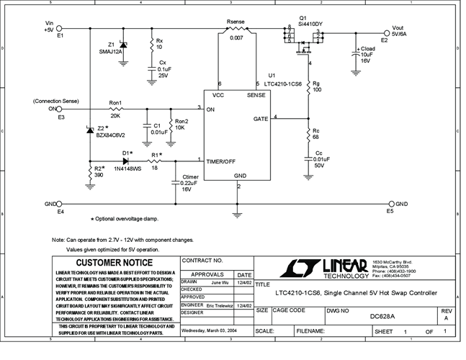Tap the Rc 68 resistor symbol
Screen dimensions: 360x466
309,135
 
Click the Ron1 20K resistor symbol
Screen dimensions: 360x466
115,109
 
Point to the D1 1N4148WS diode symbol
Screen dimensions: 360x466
126,161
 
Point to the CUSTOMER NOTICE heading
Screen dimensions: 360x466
115,263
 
